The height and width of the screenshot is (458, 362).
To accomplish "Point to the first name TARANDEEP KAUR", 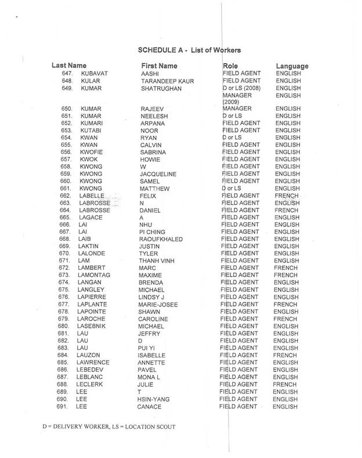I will tap(167, 81).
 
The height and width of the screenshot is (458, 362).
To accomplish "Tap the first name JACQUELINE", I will tap(158, 174).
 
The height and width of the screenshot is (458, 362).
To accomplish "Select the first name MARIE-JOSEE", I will tap(158, 304).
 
